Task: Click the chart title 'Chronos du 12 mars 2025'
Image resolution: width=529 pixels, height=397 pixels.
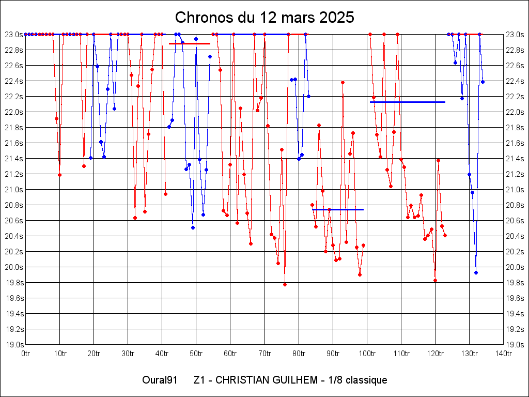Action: point(264,17)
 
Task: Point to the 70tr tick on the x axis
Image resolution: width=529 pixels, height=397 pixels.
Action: point(264,354)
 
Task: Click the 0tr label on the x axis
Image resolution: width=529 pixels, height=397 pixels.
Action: point(26,354)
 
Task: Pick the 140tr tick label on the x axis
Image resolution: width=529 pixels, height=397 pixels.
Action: point(503,354)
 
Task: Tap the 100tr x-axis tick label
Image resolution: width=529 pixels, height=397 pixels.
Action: point(367,354)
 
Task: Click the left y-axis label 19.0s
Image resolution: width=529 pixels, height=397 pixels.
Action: point(14,344)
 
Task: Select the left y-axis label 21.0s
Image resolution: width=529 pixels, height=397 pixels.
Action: point(14,189)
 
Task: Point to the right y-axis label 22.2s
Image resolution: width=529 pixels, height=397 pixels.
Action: point(515,96)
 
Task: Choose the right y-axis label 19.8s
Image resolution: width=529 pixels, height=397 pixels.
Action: point(515,282)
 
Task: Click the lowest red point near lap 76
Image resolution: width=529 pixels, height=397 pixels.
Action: point(285,284)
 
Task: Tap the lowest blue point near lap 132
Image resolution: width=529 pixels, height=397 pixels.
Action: point(476,272)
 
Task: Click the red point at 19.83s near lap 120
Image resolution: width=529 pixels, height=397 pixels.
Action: point(435,280)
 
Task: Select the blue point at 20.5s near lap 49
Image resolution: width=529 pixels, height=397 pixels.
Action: point(193,227)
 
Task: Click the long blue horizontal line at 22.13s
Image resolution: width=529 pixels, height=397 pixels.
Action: point(408,102)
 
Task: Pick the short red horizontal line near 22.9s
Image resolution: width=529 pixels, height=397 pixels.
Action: point(189,43)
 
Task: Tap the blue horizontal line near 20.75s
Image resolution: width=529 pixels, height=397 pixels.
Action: point(338,209)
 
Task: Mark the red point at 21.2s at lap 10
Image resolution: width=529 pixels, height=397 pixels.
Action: point(59,175)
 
